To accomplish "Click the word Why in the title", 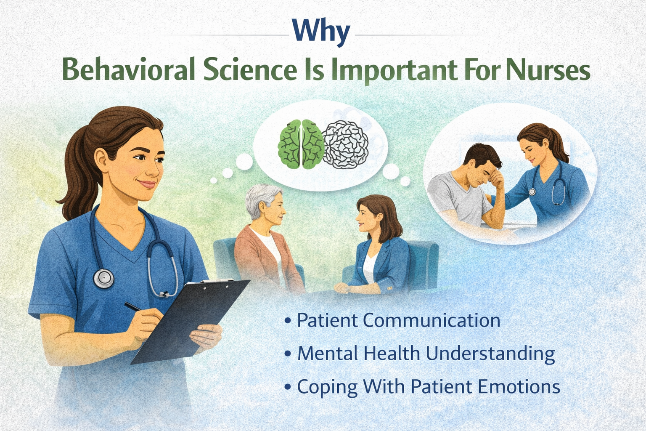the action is tap(321, 34).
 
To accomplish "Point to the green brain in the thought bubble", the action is tap(301, 144).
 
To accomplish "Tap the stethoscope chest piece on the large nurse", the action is tap(103, 279).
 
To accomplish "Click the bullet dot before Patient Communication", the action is tap(287, 321).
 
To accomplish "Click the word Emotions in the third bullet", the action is tap(519, 386).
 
